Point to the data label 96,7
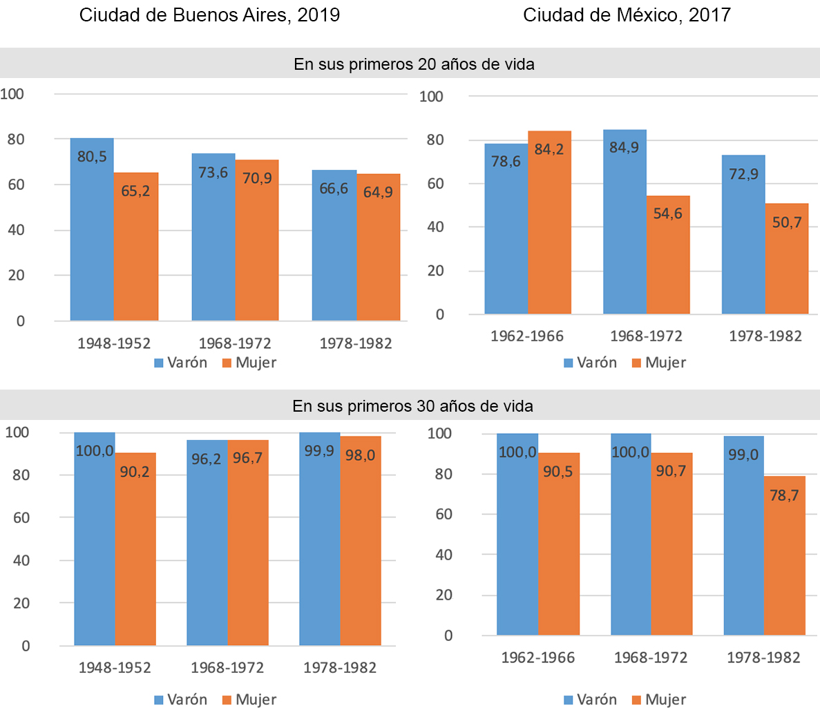coord(247,458)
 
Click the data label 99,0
coord(743,455)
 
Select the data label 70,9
coord(257,178)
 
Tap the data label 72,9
coord(743,174)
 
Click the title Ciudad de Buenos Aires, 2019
coord(209,15)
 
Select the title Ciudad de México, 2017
coord(627,15)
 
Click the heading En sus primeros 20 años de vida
coord(414,64)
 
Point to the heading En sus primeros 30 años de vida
coord(412,406)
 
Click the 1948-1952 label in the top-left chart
coord(114,343)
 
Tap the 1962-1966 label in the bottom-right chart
coord(537,657)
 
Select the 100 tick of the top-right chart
coord(431,97)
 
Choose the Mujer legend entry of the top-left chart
coord(249,363)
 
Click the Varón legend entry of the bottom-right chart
coord(590,700)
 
